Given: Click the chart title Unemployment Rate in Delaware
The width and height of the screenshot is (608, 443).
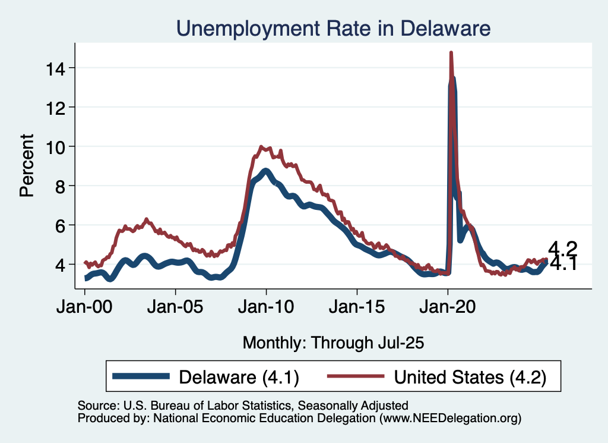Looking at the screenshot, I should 333,28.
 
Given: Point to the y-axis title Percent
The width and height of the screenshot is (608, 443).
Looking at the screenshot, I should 27,166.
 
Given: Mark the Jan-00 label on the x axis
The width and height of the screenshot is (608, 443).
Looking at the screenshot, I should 85,310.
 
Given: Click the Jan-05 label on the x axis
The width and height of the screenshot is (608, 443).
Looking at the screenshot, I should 175,310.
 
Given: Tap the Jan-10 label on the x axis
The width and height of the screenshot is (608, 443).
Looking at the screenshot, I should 266,310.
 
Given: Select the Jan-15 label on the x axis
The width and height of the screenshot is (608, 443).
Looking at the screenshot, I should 357,310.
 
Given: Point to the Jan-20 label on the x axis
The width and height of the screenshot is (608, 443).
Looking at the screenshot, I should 448,310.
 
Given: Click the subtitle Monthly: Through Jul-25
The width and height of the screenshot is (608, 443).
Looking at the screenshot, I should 334,343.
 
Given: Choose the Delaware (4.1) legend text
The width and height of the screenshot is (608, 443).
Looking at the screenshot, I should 239,376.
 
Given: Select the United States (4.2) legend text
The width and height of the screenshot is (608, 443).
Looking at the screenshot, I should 470,376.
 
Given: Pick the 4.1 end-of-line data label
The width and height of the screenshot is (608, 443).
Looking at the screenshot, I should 563,263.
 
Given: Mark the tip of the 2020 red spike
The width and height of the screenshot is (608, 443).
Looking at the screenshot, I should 451,53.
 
